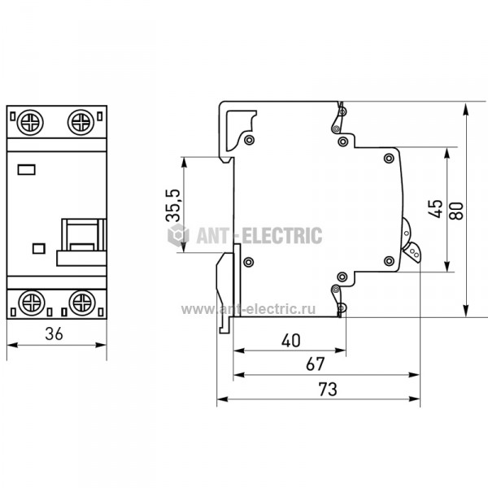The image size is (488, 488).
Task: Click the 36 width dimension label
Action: [x=54, y=333]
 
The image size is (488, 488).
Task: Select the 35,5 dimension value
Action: [x=173, y=205]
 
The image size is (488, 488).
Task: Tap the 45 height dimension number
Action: [x=435, y=208]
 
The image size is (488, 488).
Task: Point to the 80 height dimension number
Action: [x=456, y=211]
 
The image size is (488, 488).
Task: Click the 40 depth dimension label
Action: [x=291, y=341]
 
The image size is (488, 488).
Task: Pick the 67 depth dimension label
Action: [x=316, y=364]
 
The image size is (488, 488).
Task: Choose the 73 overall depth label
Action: [x=328, y=389]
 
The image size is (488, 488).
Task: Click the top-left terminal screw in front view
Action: [x=30, y=122]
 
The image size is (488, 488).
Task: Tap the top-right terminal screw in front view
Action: [x=81, y=122]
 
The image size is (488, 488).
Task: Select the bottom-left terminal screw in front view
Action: [x=32, y=303]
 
